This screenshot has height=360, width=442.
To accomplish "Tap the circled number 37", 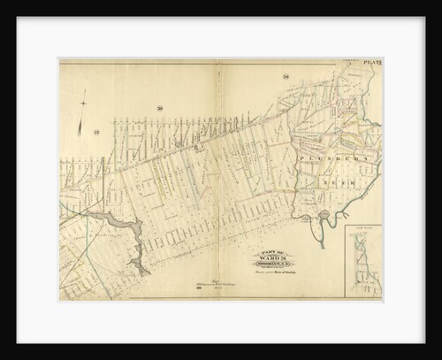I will (95, 133).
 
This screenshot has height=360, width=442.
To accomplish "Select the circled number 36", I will (159, 109).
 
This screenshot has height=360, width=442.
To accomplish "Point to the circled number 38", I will (285, 80).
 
